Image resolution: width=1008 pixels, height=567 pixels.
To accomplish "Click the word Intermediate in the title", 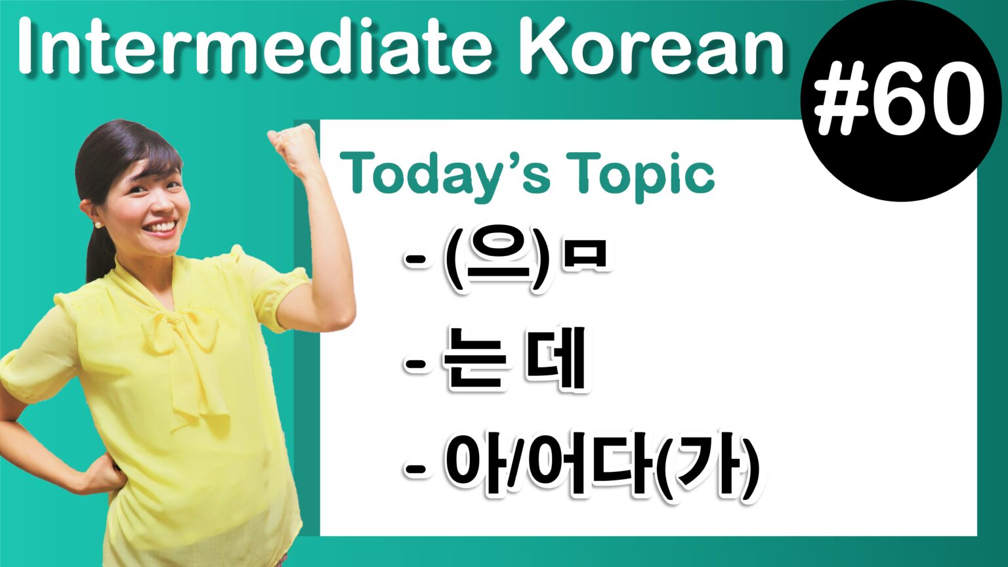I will click(256, 46).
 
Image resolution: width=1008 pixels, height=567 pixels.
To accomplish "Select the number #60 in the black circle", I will click(899, 98).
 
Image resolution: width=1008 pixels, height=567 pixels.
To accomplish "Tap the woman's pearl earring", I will click(98, 224).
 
